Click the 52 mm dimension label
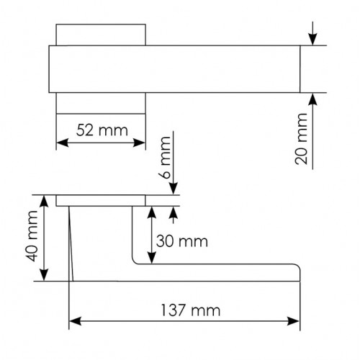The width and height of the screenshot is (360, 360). coord(102,130)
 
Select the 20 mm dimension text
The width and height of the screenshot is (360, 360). coord(301,139)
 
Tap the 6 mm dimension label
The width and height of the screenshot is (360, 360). coord(165,158)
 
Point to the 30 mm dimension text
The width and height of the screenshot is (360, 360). coord(182,241)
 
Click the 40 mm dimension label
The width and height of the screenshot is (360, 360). coord(32,236)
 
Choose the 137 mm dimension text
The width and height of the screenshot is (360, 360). coord(190,310)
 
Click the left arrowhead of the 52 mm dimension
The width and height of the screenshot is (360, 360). coord(63,143)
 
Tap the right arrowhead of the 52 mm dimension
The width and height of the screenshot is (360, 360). coord(139,143)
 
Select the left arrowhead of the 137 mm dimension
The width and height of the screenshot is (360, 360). coord(75,321)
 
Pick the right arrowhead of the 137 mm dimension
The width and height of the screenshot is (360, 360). coord(294,321)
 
